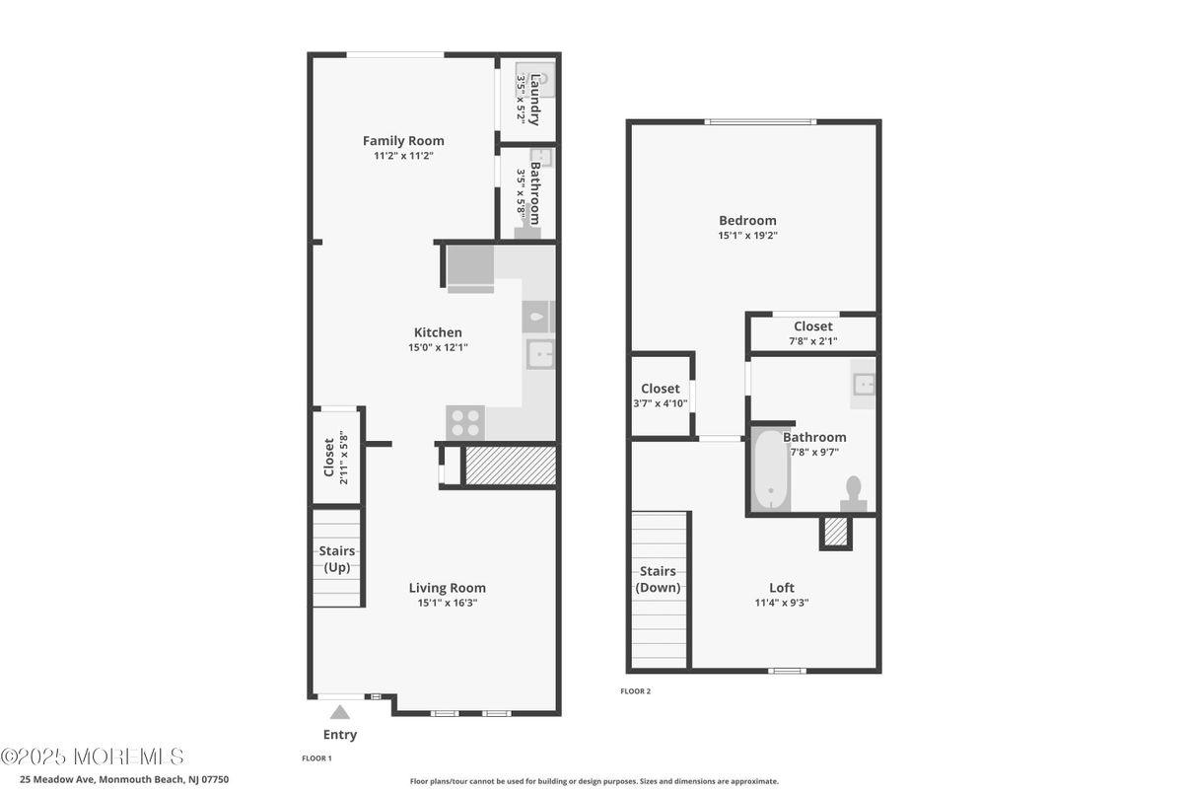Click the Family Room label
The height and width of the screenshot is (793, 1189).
tap(403, 141)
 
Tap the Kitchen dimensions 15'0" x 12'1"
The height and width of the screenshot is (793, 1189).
tap(437, 347)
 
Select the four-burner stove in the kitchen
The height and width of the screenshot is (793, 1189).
tap(465, 422)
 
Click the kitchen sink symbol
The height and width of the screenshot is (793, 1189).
tap(540, 353)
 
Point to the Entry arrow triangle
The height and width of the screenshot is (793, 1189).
tap(340, 712)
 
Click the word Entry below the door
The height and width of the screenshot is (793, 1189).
tap(340, 735)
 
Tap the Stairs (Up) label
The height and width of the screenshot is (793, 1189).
tap(337, 559)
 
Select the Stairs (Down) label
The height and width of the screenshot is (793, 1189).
tap(658, 579)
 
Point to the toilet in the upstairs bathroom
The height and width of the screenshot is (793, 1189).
tap(854, 492)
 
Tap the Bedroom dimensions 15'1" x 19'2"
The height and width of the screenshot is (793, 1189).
tap(747, 236)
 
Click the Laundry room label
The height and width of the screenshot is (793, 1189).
tap(535, 100)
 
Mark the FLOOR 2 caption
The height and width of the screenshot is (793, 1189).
tap(635, 691)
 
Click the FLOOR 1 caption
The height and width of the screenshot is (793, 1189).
tap(316, 758)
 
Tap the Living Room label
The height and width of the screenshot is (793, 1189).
tap(448, 588)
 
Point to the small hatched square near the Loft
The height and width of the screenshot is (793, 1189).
tap(835, 532)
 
